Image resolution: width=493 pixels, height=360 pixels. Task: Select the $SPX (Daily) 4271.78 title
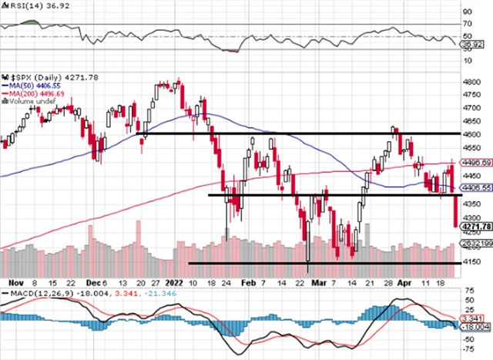[x=42, y=78]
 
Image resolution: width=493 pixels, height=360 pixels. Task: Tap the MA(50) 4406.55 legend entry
[x=34, y=86]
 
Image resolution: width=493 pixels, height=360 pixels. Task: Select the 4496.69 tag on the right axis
[x=477, y=163]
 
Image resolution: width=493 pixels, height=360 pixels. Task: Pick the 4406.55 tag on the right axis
[x=477, y=187]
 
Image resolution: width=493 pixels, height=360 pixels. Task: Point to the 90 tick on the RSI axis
[x=468, y=12]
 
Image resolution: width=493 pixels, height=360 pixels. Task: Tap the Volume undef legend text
[x=32, y=102]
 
